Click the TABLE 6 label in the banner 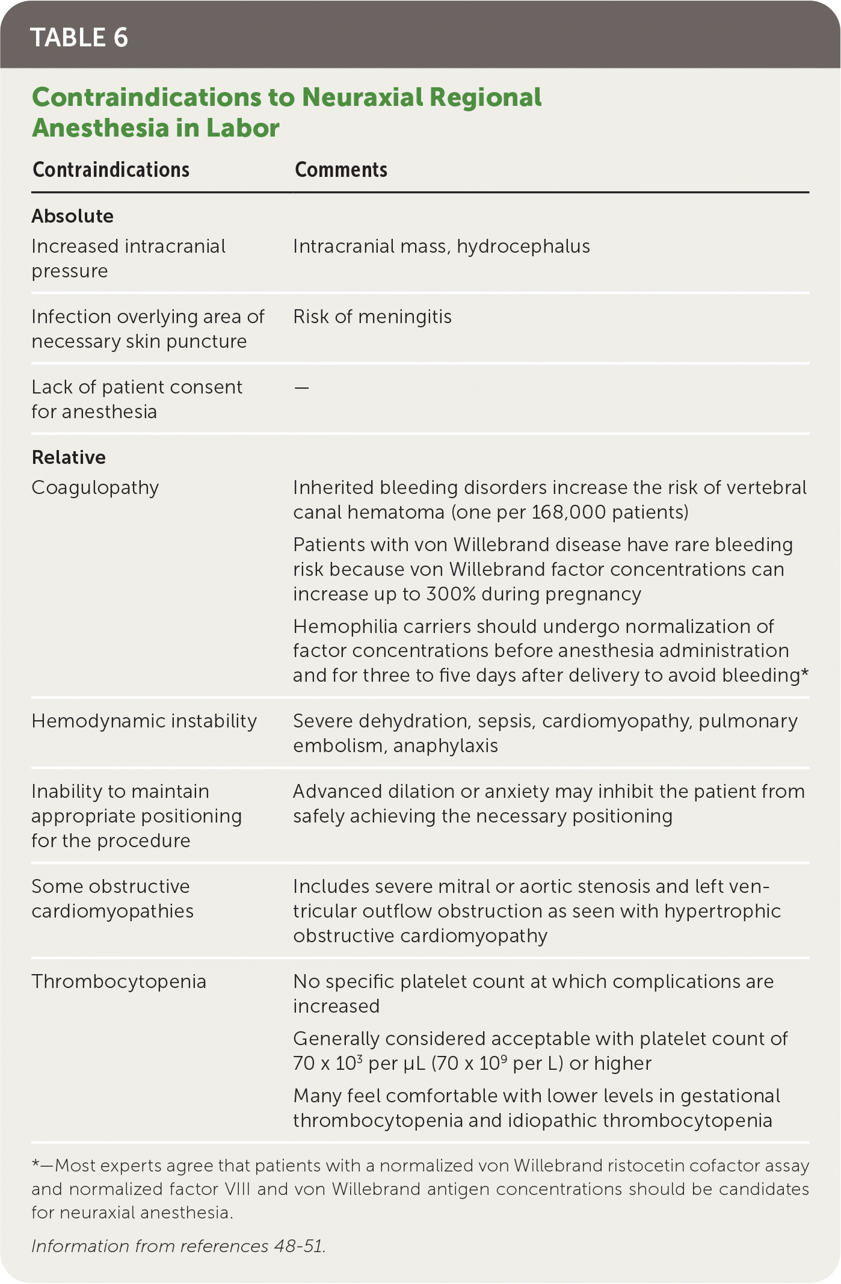79,37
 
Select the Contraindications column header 111,170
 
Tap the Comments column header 340,170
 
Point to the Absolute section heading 72,216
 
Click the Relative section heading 69,457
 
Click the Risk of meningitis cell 372,317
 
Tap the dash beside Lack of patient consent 301,388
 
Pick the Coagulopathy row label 95,488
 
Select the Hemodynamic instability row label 144,721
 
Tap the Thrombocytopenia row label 119,982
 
